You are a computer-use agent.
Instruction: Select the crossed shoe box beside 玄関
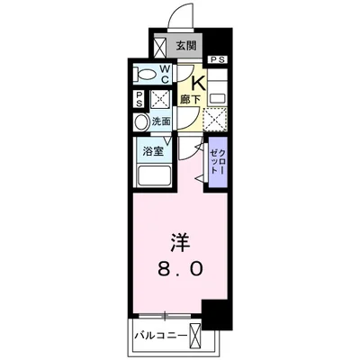coord(162,45)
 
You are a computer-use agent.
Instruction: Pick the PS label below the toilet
coord(139,101)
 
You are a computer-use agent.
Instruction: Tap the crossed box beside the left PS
coord(159,101)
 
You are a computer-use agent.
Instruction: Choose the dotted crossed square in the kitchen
coord(215,118)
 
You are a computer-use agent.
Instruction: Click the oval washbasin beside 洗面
coord(140,122)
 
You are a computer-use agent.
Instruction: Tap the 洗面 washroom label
coord(161,121)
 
